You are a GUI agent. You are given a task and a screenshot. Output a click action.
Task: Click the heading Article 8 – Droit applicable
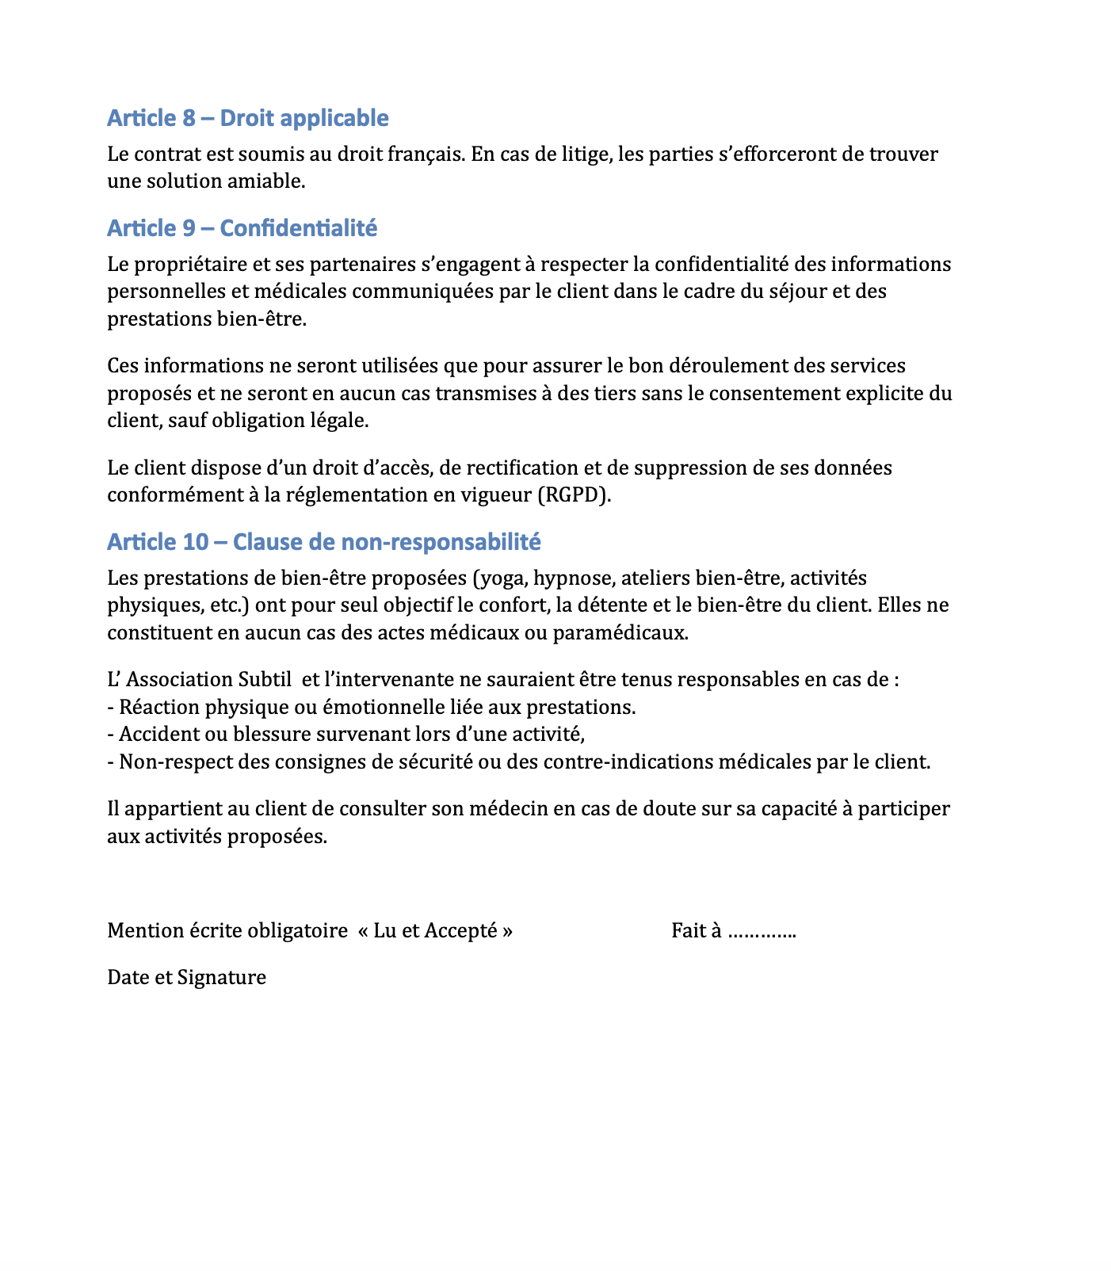(x=247, y=118)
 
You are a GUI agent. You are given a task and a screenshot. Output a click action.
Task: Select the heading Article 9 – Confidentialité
(x=242, y=228)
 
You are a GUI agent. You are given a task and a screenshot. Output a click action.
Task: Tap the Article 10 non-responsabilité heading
(x=323, y=542)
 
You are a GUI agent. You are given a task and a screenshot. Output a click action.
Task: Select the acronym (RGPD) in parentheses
(x=575, y=495)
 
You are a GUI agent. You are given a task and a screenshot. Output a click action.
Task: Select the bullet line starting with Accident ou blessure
(x=346, y=735)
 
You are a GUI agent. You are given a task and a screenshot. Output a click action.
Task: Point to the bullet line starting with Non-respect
(x=518, y=762)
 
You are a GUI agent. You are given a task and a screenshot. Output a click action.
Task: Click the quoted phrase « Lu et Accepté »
(x=435, y=930)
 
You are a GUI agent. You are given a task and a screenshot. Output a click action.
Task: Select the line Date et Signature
(x=186, y=977)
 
